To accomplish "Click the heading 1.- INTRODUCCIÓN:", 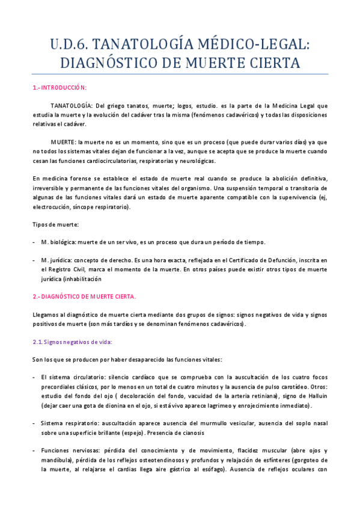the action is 59,87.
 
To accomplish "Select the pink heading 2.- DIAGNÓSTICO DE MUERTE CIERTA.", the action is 84,296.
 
